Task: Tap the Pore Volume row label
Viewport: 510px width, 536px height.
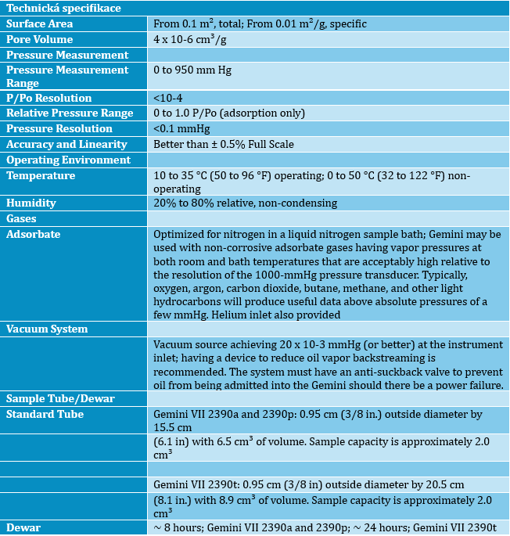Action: point(40,39)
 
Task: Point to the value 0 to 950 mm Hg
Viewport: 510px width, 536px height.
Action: point(192,70)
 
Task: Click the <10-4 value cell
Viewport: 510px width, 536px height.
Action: point(169,98)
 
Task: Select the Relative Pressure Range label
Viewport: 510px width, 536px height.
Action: point(70,113)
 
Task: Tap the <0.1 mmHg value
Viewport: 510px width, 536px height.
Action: point(181,129)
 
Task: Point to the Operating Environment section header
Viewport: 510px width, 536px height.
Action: point(68,160)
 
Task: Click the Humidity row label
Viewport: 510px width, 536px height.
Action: point(31,203)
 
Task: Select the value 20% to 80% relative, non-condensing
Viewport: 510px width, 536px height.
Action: point(246,203)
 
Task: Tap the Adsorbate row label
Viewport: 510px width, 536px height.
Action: point(34,234)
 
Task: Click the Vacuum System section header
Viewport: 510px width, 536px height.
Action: point(47,329)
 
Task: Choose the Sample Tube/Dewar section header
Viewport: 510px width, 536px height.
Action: point(60,398)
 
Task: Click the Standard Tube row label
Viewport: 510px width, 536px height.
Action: point(45,414)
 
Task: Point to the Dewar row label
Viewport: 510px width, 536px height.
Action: point(23,527)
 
